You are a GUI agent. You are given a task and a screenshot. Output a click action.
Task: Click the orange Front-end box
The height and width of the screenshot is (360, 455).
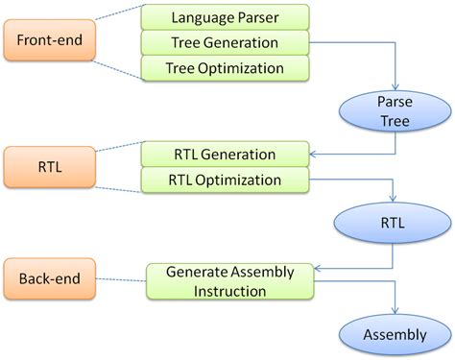coord(55,41)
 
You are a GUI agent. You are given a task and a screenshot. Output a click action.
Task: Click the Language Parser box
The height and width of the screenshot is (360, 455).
coord(225,17)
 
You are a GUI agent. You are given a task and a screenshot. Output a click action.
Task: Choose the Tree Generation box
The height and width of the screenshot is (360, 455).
coord(225,42)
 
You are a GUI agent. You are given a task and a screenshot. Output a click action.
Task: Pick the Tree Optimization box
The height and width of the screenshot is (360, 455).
coord(225,68)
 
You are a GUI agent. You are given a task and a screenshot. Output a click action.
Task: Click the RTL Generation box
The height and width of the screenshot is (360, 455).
coord(225,154)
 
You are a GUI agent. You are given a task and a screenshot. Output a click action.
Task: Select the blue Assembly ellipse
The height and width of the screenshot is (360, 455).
coord(395,334)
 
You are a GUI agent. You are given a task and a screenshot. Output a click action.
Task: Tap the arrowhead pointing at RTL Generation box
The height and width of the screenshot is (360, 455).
coord(313,154)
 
